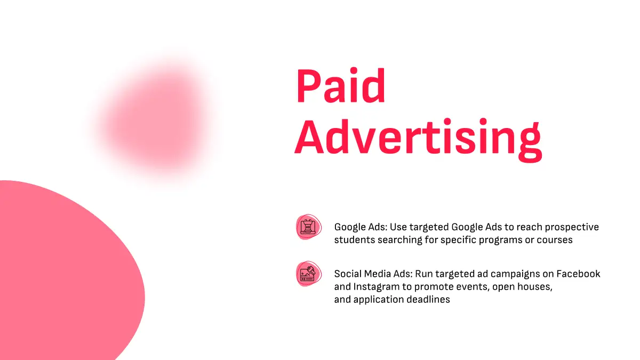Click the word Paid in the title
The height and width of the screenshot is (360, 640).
(341, 85)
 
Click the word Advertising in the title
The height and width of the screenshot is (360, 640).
(418, 139)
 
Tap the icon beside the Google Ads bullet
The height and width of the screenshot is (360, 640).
(309, 227)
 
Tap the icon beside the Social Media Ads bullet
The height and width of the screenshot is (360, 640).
(309, 274)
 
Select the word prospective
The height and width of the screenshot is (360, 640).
(572, 227)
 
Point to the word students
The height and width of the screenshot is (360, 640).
(355, 239)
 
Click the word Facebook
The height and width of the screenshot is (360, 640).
(578, 274)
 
